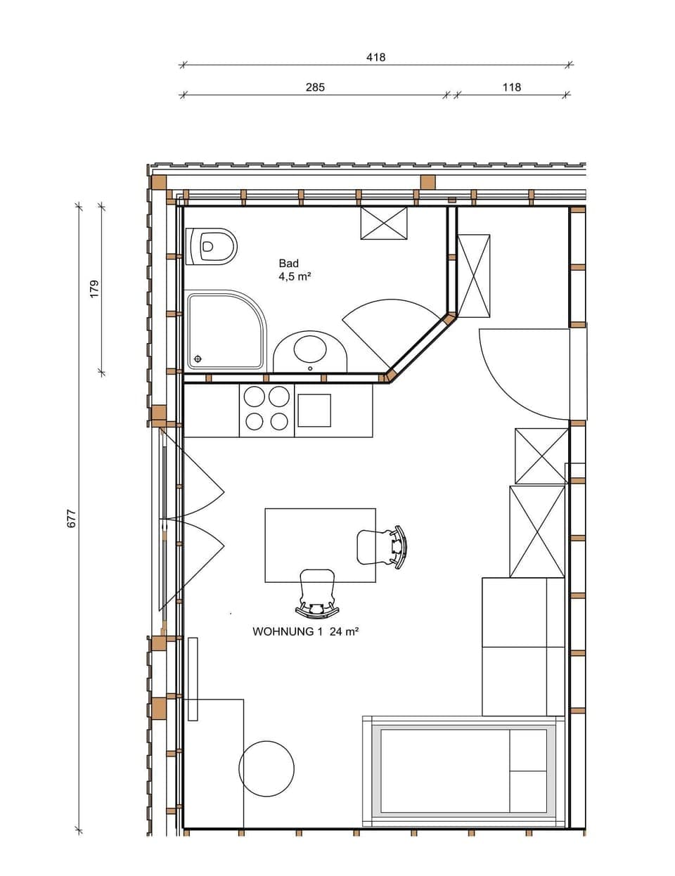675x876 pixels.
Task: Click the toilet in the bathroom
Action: coord(212,246)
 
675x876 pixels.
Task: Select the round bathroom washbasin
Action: coord(310,349)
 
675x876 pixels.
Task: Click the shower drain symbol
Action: coord(198,359)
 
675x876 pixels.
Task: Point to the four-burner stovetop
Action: coord(266,409)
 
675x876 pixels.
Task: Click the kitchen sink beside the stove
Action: coord(314,411)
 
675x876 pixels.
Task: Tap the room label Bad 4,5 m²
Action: coord(294,270)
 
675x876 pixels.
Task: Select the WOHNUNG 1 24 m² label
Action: coord(306,631)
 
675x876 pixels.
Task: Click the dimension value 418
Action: coord(375,57)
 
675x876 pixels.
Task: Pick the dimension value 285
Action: coord(314,87)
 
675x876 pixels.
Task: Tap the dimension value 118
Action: coord(511,87)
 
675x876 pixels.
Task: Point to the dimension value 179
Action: coord(94,288)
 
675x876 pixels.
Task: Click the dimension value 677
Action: coord(70,519)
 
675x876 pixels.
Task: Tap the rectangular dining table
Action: coord(320,545)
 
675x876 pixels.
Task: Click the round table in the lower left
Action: coord(266,768)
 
